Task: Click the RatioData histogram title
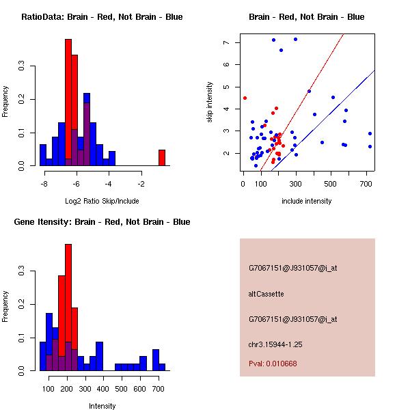102,17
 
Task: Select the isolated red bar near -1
162,158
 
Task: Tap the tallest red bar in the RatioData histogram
68,102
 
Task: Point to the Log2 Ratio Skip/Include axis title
102,201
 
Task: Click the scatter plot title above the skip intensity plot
306,17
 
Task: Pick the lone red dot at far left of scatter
245,98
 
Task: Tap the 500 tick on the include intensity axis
348,184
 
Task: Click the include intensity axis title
306,201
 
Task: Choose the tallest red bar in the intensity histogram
68,307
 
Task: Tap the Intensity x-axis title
102,406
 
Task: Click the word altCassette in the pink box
266,294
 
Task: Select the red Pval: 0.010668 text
273,364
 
